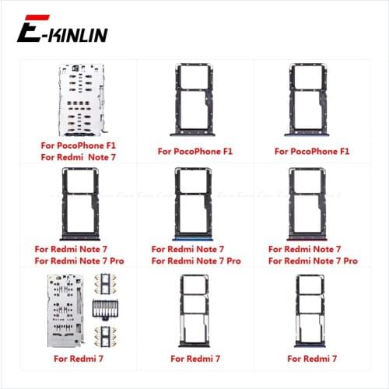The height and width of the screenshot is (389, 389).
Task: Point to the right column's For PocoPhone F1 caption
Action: [x=313, y=152]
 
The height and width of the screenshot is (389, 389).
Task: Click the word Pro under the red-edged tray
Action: [x=349, y=261]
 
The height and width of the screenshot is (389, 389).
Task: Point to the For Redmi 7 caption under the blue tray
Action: [x=313, y=359]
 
